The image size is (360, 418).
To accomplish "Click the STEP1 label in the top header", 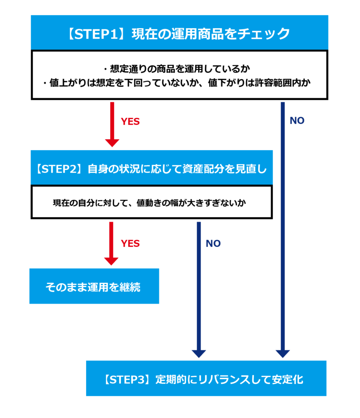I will point(96,33).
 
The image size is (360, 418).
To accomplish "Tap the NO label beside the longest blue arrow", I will point(297,121).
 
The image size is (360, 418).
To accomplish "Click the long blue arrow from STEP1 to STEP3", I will point(282,229).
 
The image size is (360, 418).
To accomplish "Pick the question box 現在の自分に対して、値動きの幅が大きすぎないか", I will point(152,202).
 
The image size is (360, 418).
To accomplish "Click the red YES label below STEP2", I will point(130,244).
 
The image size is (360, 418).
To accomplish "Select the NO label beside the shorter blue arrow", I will point(213,244).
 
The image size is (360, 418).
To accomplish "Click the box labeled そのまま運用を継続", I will point(94,287).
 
